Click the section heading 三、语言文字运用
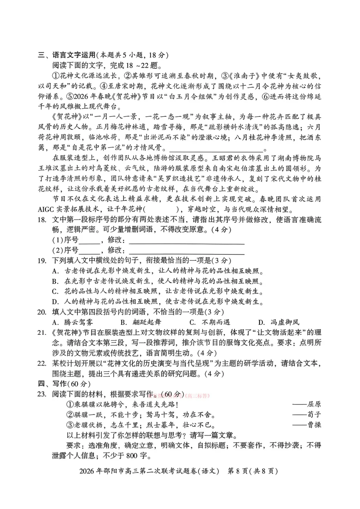pyautogui.click(x=67, y=55)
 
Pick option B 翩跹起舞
pyautogui.click(x=141, y=322)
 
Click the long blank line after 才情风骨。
pyautogui.click(x=216, y=149)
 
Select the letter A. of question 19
pyautogui.click(x=55, y=271)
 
